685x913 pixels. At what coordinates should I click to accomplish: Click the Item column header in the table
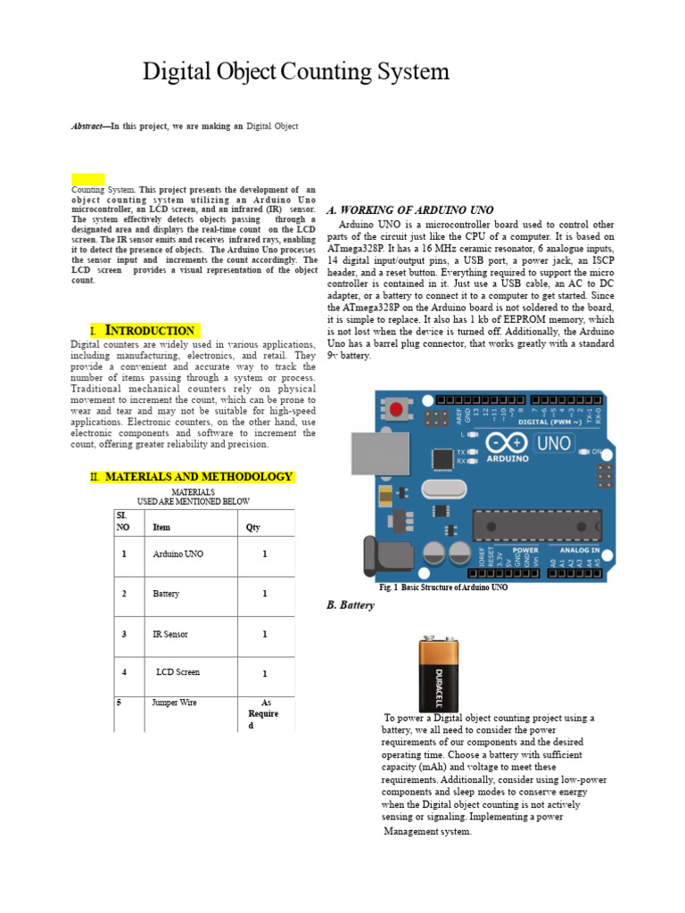pos(161,527)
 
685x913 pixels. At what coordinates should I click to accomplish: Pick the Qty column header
pos(253,527)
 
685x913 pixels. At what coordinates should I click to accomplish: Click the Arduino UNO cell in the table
pos(178,555)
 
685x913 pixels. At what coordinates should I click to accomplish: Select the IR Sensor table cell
pos(170,635)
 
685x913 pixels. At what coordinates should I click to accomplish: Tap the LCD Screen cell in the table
pos(177,672)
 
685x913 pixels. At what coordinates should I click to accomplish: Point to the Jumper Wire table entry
pos(175,703)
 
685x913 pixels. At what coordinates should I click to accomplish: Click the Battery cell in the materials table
pos(166,594)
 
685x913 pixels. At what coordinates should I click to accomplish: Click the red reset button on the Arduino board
pos(395,409)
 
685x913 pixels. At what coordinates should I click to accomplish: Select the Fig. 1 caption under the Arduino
pos(443,588)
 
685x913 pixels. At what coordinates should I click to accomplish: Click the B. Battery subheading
pos(351,605)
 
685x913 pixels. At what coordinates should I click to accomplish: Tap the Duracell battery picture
pos(439,674)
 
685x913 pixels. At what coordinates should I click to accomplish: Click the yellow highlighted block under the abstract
pos(87,179)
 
